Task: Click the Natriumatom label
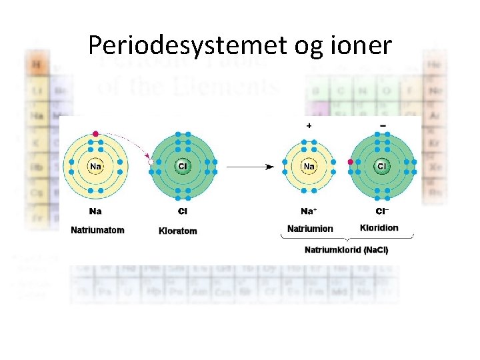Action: tap(97, 231)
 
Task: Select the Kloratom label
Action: tap(178, 231)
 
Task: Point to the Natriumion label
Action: tap(310, 229)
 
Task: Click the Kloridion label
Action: tap(379, 228)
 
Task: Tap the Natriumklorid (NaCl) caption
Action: tap(346, 250)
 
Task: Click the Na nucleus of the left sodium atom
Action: tap(97, 166)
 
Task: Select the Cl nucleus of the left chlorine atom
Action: tap(182, 166)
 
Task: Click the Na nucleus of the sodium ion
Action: tap(309, 166)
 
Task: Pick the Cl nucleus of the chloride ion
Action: tap(382, 166)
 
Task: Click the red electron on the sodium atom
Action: tap(96, 134)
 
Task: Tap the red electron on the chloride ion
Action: tap(351, 161)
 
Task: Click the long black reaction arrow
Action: tap(250, 167)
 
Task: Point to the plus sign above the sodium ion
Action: tap(309, 125)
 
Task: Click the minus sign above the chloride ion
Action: tap(383, 125)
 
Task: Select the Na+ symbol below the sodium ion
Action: tap(309, 211)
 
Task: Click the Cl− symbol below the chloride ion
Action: tap(382, 211)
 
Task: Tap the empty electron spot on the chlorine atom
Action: tap(151, 162)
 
